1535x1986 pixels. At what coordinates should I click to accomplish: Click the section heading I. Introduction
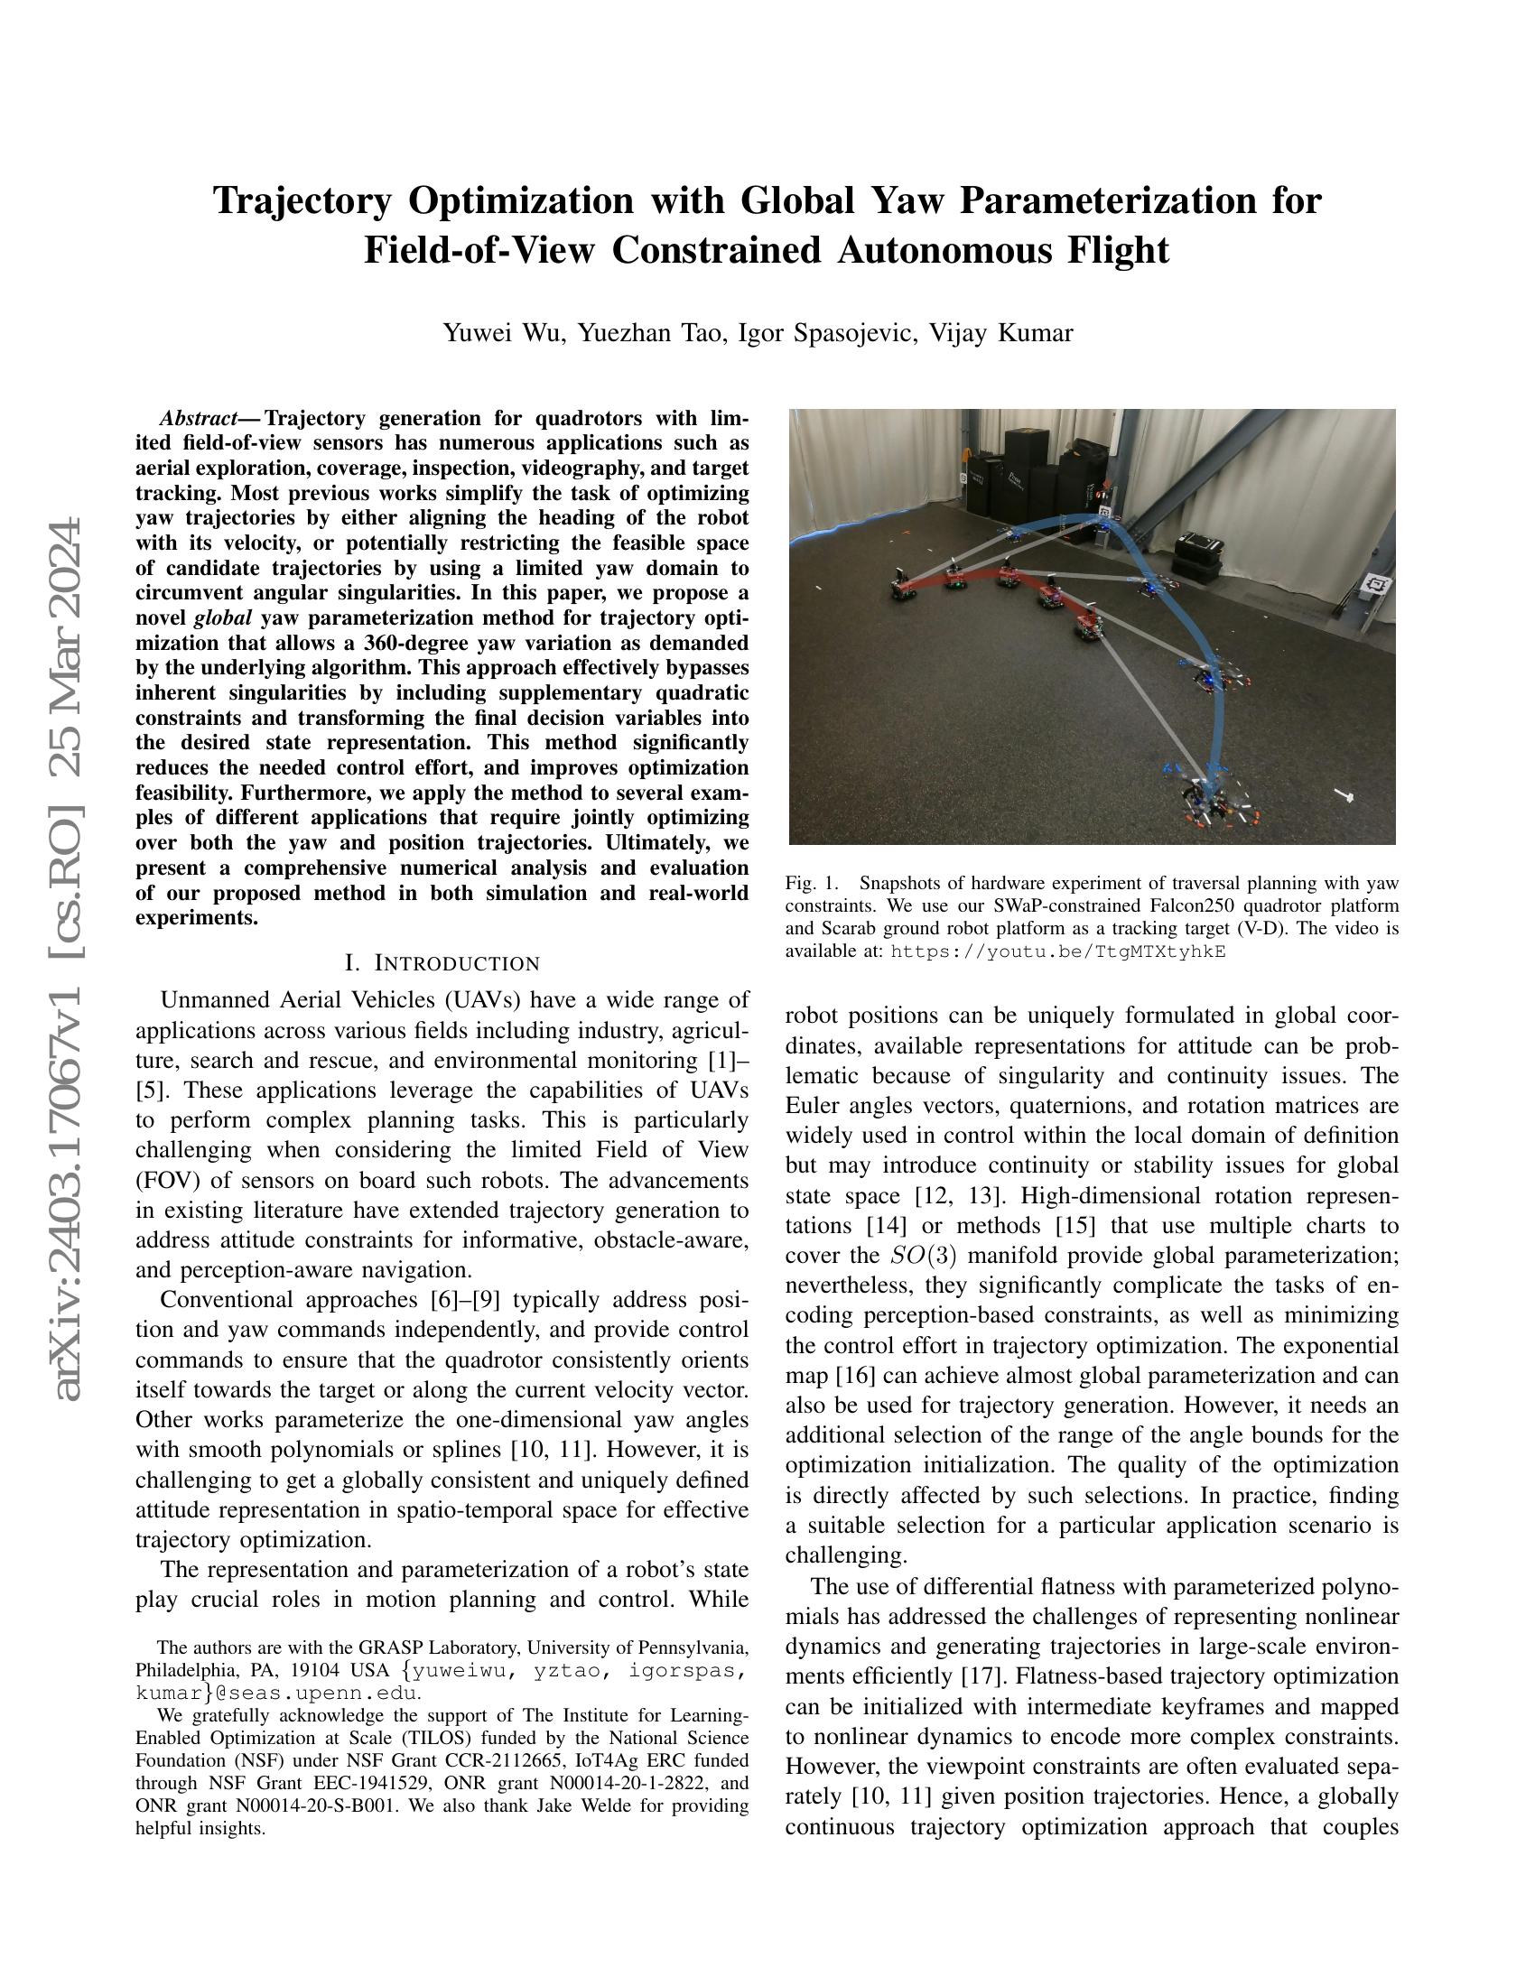point(442,963)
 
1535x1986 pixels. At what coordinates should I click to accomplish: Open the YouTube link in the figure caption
point(1057,952)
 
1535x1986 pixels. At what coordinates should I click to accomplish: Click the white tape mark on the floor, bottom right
point(1344,796)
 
